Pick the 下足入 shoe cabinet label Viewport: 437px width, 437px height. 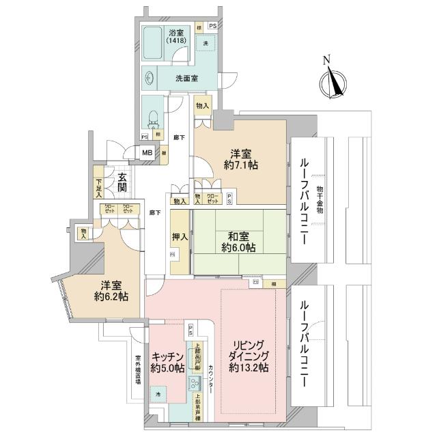click(100, 187)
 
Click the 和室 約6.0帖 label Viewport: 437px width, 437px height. click(237, 242)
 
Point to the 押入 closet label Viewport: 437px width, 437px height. click(180, 236)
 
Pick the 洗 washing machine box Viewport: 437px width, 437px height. click(205, 43)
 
